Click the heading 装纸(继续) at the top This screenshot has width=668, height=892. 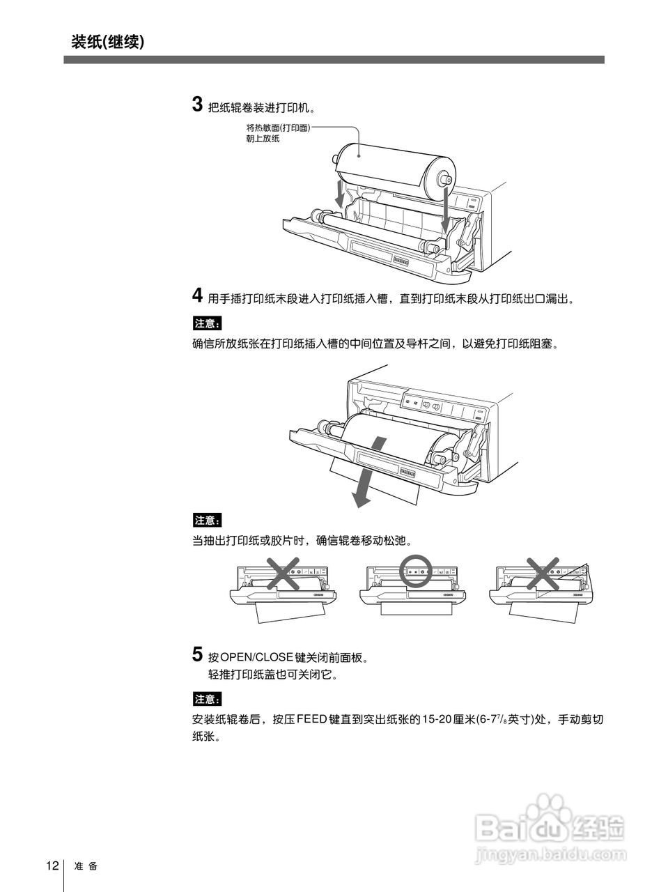click(x=107, y=42)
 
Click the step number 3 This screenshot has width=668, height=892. click(x=197, y=105)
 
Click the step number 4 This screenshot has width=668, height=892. click(x=197, y=295)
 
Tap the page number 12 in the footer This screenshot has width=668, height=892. click(x=52, y=866)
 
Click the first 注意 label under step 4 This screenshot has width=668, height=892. click(x=207, y=323)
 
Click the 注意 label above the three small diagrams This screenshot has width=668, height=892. click(x=207, y=520)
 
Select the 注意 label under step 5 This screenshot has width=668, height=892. click(x=207, y=699)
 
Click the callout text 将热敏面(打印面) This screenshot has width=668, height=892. click(x=277, y=128)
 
